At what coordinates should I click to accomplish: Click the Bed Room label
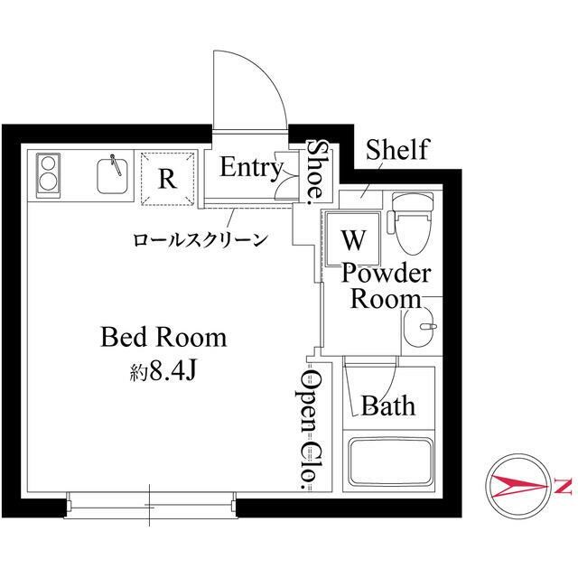(x=163, y=337)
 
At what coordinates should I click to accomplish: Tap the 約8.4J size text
(x=163, y=371)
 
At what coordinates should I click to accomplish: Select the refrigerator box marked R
(x=167, y=179)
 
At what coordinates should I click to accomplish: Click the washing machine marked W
(x=353, y=238)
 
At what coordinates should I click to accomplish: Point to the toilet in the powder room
(x=412, y=223)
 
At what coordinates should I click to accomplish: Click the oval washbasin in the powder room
(x=419, y=327)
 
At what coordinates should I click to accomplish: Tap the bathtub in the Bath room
(x=391, y=462)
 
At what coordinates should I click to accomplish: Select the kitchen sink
(x=112, y=174)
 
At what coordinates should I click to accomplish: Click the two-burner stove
(x=48, y=175)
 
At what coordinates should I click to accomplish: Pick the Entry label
(x=252, y=168)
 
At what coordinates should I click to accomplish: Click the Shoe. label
(x=315, y=172)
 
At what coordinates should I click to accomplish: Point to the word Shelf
(x=397, y=149)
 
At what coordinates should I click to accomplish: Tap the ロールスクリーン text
(x=200, y=239)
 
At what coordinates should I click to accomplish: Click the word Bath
(x=388, y=406)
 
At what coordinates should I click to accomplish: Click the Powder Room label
(x=387, y=286)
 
